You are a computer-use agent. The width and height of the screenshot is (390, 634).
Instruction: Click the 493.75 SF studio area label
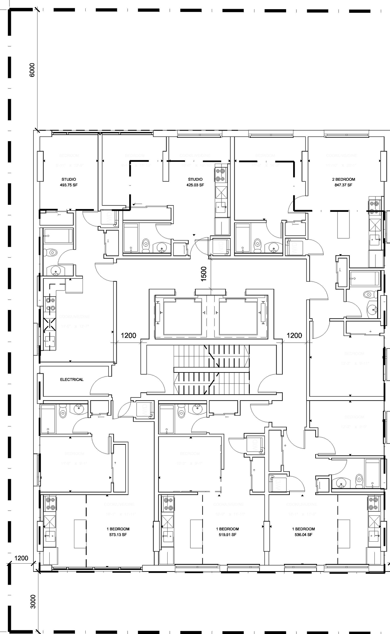[x=69, y=185]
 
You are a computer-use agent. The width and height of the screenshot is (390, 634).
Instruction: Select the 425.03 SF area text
[x=195, y=185]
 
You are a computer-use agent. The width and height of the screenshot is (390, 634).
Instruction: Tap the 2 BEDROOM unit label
[x=344, y=179]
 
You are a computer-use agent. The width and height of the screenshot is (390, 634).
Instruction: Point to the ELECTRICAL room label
[x=72, y=379]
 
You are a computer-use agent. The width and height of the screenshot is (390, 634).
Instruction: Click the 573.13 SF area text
[x=118, y=535]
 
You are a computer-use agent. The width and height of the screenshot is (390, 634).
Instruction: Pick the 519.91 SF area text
[x=228, y=535]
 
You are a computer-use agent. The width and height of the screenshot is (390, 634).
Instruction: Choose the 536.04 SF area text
[x=303, y=535]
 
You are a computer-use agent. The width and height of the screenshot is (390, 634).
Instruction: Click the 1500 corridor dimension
[x=204, y=273]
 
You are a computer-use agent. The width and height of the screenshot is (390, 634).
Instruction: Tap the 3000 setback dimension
[x=33, y=601]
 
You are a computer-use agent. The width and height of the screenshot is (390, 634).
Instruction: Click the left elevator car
[x=183, y=317]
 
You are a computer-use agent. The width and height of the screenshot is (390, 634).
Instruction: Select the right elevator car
[x=238, y=317]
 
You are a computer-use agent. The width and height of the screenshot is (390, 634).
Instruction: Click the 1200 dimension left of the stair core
[x=128, y=336]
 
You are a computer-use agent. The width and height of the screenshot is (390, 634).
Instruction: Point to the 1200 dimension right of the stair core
[x=294, y=336]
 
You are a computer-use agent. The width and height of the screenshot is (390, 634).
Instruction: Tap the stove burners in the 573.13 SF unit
[x=49, y=504]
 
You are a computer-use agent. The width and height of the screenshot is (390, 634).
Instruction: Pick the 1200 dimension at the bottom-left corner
[x=21, y=558]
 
